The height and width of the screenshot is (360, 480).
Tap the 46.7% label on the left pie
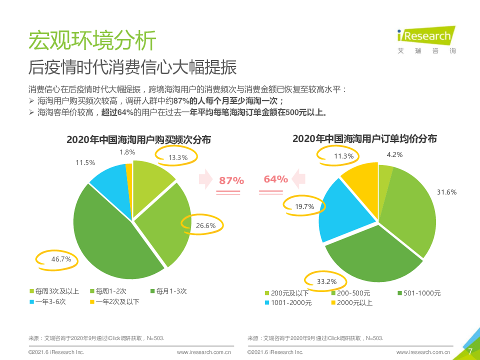pos(61,259)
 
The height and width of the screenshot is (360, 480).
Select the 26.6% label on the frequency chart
pos(205,225)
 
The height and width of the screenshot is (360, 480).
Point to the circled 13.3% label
pos(178,157)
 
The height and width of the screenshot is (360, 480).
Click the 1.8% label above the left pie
pos(127,152)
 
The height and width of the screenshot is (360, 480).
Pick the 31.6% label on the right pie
pos(446,192)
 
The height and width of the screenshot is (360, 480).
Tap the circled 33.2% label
pos(326,281)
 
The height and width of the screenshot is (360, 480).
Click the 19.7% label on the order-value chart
pos(304,206)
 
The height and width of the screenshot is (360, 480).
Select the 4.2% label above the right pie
pos(394,154)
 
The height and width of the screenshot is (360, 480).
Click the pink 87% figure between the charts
pos(231,180)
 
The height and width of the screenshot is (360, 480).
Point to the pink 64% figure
pos(276,179)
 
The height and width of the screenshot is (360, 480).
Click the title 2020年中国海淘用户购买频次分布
pos(138,140)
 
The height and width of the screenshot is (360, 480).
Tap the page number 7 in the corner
pos(469,351)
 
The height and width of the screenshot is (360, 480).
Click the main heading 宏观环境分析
pos(92,40)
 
